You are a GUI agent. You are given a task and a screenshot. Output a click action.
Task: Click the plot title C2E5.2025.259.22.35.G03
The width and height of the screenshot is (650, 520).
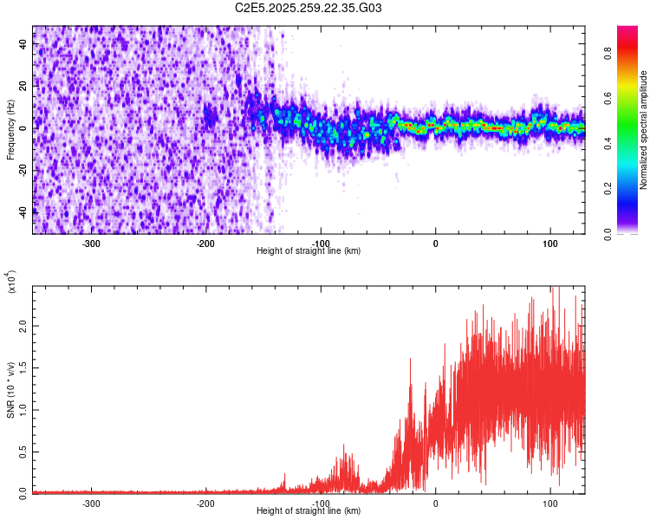click(x=309, y=8)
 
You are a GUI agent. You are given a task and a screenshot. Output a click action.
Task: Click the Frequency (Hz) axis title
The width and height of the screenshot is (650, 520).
click(x=10, y=130)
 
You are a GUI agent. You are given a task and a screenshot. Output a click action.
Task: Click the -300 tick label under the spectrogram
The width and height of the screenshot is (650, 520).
click(x=92, y=243)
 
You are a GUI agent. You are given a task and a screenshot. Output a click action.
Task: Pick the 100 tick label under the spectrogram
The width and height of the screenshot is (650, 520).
click(x=549, y=243)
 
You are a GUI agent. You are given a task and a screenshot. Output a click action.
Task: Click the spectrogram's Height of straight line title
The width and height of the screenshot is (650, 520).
click(x=309, y=250)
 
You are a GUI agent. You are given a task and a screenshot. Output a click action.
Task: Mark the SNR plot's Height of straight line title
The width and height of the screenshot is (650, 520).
click(x=309, y=510)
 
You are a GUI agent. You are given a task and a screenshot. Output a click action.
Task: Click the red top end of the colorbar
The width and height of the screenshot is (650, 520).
click(x=627, y=30)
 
